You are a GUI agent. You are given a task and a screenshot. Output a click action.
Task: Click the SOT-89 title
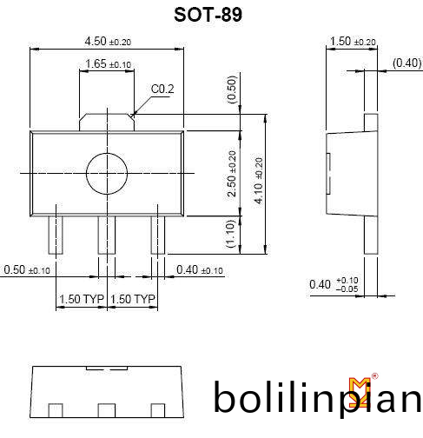tap(208, 15)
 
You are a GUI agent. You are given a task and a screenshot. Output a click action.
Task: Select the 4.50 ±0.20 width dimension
tap(108, 41)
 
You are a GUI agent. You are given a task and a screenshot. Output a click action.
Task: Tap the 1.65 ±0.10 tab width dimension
tap(109, 63)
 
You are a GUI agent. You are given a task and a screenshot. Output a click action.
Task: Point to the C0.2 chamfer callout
tap(162, 89)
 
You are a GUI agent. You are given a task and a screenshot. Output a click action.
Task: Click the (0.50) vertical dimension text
tap(232, 90)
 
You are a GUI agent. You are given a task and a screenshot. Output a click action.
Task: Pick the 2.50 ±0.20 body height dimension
tap(232, 174)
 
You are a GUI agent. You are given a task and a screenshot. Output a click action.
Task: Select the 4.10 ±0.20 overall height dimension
tap(259, 181)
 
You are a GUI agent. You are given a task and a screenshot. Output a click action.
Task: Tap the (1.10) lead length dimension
tap(230, 234)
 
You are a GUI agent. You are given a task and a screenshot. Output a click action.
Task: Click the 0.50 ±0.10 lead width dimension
tap(27, 269)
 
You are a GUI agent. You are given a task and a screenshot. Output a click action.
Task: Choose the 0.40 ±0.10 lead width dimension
tap(200, 269)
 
